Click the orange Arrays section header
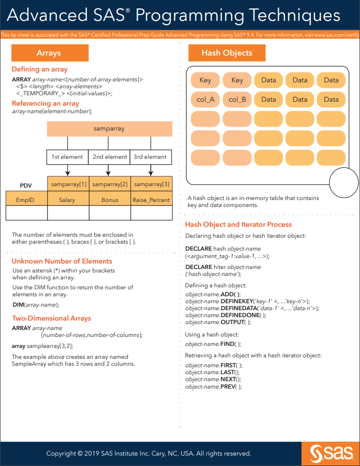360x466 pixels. coord(50,53)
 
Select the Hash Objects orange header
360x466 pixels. coord(227,53)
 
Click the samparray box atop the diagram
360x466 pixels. coord(109,129)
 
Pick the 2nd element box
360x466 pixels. coord(110,157)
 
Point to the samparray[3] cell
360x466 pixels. coord(151,185)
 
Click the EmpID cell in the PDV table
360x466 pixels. coord(26,200)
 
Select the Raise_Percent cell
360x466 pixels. coord(151,200)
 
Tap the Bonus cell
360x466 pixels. coord(110,200)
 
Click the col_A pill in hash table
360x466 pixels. coord(205,99)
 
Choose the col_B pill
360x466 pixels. coord(237,99)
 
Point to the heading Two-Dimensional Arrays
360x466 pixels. coord(52,319)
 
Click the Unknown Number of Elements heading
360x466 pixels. coord(62,262)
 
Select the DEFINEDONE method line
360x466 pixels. coord(226,315)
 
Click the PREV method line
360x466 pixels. coord(214,387)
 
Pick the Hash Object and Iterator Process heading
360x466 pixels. coord(239,225)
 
